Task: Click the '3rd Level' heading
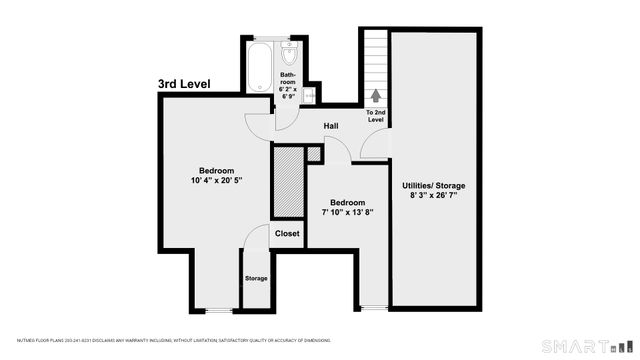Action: (x=184, y=85)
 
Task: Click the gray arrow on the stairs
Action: (x=376, y=96)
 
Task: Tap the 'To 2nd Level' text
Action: (x=376, y=116)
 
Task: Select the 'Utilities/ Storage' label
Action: (x=433, y=186)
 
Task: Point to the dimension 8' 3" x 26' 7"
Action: (x=433, y=197)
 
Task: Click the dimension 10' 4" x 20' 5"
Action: (x=216, y=180)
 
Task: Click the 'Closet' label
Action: (x=287, y=234)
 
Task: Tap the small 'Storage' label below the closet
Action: (x=256, y=278)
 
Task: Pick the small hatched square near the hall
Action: (x=314, y=154)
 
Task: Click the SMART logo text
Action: (x=566, y=346)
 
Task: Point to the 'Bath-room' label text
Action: (x=288, y=79)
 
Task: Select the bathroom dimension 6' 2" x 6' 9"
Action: (x=289, y=94)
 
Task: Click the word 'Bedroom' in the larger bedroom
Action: (x=216, y=169)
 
